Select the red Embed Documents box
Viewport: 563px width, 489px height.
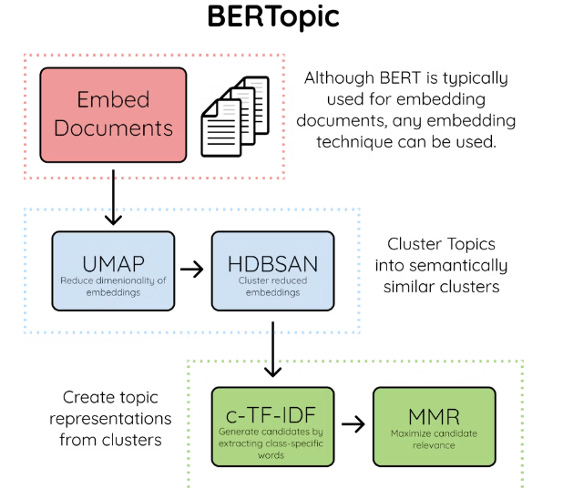(x=113, y=113)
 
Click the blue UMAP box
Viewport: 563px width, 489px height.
(x=113, y=270)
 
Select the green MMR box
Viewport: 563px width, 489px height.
(x=434, y=425)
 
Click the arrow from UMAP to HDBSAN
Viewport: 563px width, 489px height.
(x=191, y=270)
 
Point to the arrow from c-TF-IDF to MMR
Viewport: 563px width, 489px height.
(x=353, y=425)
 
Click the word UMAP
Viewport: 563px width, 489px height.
(x=113, y=263)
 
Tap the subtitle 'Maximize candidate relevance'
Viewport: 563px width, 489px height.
(x=434, y=439)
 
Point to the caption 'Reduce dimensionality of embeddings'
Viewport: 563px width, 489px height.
(x=113, y=286)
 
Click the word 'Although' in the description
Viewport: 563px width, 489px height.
(x=342, y=77)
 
